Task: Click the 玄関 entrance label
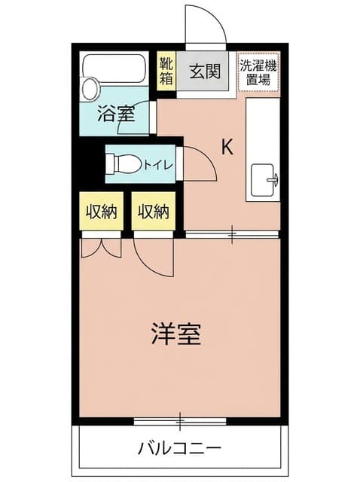[205, 72]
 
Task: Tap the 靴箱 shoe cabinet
[166, 71]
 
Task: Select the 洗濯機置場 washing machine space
[258, 72]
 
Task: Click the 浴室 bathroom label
[116, 114]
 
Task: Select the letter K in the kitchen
[227, 147]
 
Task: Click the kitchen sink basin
[262, 180]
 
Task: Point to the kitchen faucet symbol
[273, 180]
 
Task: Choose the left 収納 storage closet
[102, 211]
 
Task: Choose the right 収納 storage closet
[154, 211]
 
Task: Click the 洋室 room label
[176, 334]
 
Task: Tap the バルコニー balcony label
[179, 449]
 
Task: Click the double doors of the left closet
[102, 249]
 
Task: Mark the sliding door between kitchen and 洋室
[232, 234]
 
